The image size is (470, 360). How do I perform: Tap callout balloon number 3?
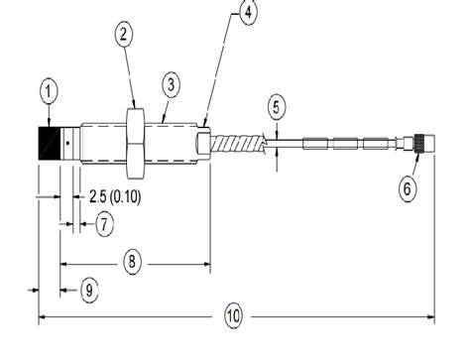tap(170, 85)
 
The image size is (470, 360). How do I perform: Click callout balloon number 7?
tap(102, 225)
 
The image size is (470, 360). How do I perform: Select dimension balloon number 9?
tap(89, 290)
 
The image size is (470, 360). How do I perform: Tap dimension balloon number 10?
tap(232, 317)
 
